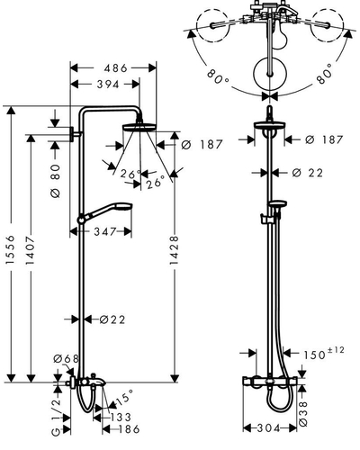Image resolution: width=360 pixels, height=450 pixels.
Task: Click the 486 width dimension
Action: point(115,68)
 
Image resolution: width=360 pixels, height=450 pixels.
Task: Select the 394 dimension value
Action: point(108,85)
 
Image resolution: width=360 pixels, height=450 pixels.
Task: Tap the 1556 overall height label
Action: point(11,249)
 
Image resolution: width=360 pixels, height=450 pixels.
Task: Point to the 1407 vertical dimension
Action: point(30,250)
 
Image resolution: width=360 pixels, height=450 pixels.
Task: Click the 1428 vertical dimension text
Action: point(174,250)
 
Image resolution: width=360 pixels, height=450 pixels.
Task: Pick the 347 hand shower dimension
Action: point(105,231)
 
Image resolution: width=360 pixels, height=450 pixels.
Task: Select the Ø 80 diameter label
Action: point(56,181)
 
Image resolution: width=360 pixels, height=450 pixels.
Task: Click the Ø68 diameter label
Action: point(66,358)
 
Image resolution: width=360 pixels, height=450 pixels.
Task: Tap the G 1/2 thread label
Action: point(56,418)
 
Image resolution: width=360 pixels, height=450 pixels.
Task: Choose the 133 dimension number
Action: point(121,417)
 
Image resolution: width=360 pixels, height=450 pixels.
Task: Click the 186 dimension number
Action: point(129,429)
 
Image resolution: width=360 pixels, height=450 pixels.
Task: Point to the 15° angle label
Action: point(124,397)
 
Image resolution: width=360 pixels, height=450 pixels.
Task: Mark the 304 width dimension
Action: point(269,427)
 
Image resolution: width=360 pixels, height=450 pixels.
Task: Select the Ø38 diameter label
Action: point(303,414)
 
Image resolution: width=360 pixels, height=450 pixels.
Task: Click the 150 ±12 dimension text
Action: point(323,353)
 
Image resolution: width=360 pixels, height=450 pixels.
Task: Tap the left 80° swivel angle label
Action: point(218,77)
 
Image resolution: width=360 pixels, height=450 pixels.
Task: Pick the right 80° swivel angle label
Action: point(324,74)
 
